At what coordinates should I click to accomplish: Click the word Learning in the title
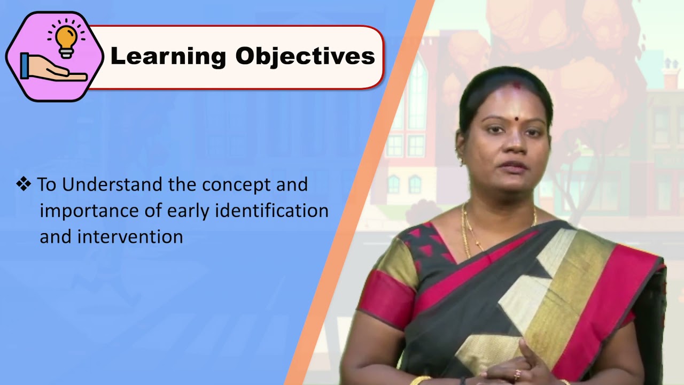point(168,56)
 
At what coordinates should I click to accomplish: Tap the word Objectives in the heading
point(305,56)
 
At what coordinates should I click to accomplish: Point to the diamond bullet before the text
point(24,184)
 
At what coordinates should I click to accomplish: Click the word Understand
point(113,184)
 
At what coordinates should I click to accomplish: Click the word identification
point(272,210)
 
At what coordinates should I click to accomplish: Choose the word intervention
point(130,236)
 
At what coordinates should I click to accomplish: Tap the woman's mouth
point(512,166)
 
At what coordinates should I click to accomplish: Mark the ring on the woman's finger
point(517,374)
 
